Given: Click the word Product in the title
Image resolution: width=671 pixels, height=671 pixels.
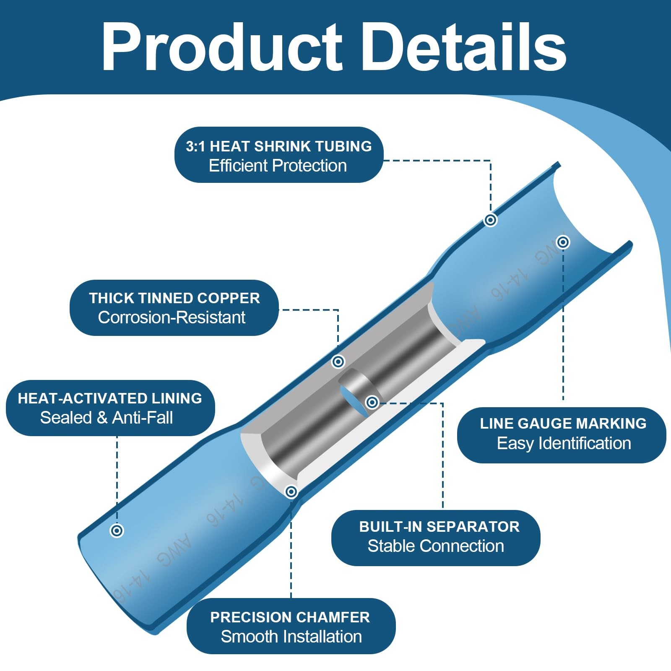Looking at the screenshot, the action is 222,47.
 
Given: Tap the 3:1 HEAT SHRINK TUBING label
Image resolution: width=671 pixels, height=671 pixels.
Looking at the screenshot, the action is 279,155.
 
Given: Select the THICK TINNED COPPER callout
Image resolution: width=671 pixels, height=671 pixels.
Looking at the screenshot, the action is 174,308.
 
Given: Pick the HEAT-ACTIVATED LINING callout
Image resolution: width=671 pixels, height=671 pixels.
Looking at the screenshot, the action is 110,408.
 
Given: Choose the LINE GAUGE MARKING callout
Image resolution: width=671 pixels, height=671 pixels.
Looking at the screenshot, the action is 562,435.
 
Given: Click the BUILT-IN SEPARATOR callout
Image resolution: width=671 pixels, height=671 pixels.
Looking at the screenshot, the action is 436,538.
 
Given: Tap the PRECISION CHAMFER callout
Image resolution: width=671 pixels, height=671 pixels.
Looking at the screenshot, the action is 291,626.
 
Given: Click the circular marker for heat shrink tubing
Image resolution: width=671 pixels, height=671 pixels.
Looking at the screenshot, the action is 490,220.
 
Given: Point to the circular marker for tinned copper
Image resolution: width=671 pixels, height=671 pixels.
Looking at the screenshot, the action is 338,362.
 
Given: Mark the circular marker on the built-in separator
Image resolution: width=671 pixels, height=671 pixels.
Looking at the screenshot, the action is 372,403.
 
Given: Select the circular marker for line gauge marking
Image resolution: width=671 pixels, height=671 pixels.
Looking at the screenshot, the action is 563,242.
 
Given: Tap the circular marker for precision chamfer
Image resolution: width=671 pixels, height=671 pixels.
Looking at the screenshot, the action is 291,492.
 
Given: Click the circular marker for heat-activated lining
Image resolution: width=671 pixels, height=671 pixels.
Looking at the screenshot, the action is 117,531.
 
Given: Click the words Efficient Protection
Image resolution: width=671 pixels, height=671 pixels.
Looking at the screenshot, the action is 278,166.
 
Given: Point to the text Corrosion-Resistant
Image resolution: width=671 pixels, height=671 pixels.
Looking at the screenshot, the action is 172,317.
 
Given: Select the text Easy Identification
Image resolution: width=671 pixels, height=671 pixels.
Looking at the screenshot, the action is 564,443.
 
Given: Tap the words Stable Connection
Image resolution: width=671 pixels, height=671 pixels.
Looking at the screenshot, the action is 436,546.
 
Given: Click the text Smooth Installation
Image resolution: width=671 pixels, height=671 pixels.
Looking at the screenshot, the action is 291,637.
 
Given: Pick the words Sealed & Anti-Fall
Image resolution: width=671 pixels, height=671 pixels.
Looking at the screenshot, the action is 107,418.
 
